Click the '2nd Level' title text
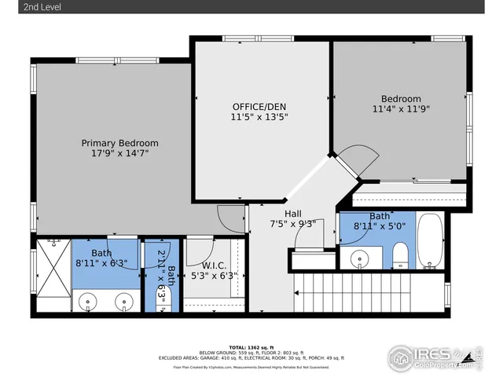tap(23, 7)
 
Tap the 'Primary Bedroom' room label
tap(120, 143)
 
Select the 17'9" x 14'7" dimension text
tap(120, 154)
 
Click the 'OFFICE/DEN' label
tap(259, 106)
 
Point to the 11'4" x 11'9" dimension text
tap(401, 109)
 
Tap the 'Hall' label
tap(292, 212)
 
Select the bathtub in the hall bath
tap(430, 240)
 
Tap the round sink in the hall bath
tap(360, 257)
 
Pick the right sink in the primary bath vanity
tap(123, 301)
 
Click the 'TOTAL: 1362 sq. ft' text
tap(251, 346)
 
